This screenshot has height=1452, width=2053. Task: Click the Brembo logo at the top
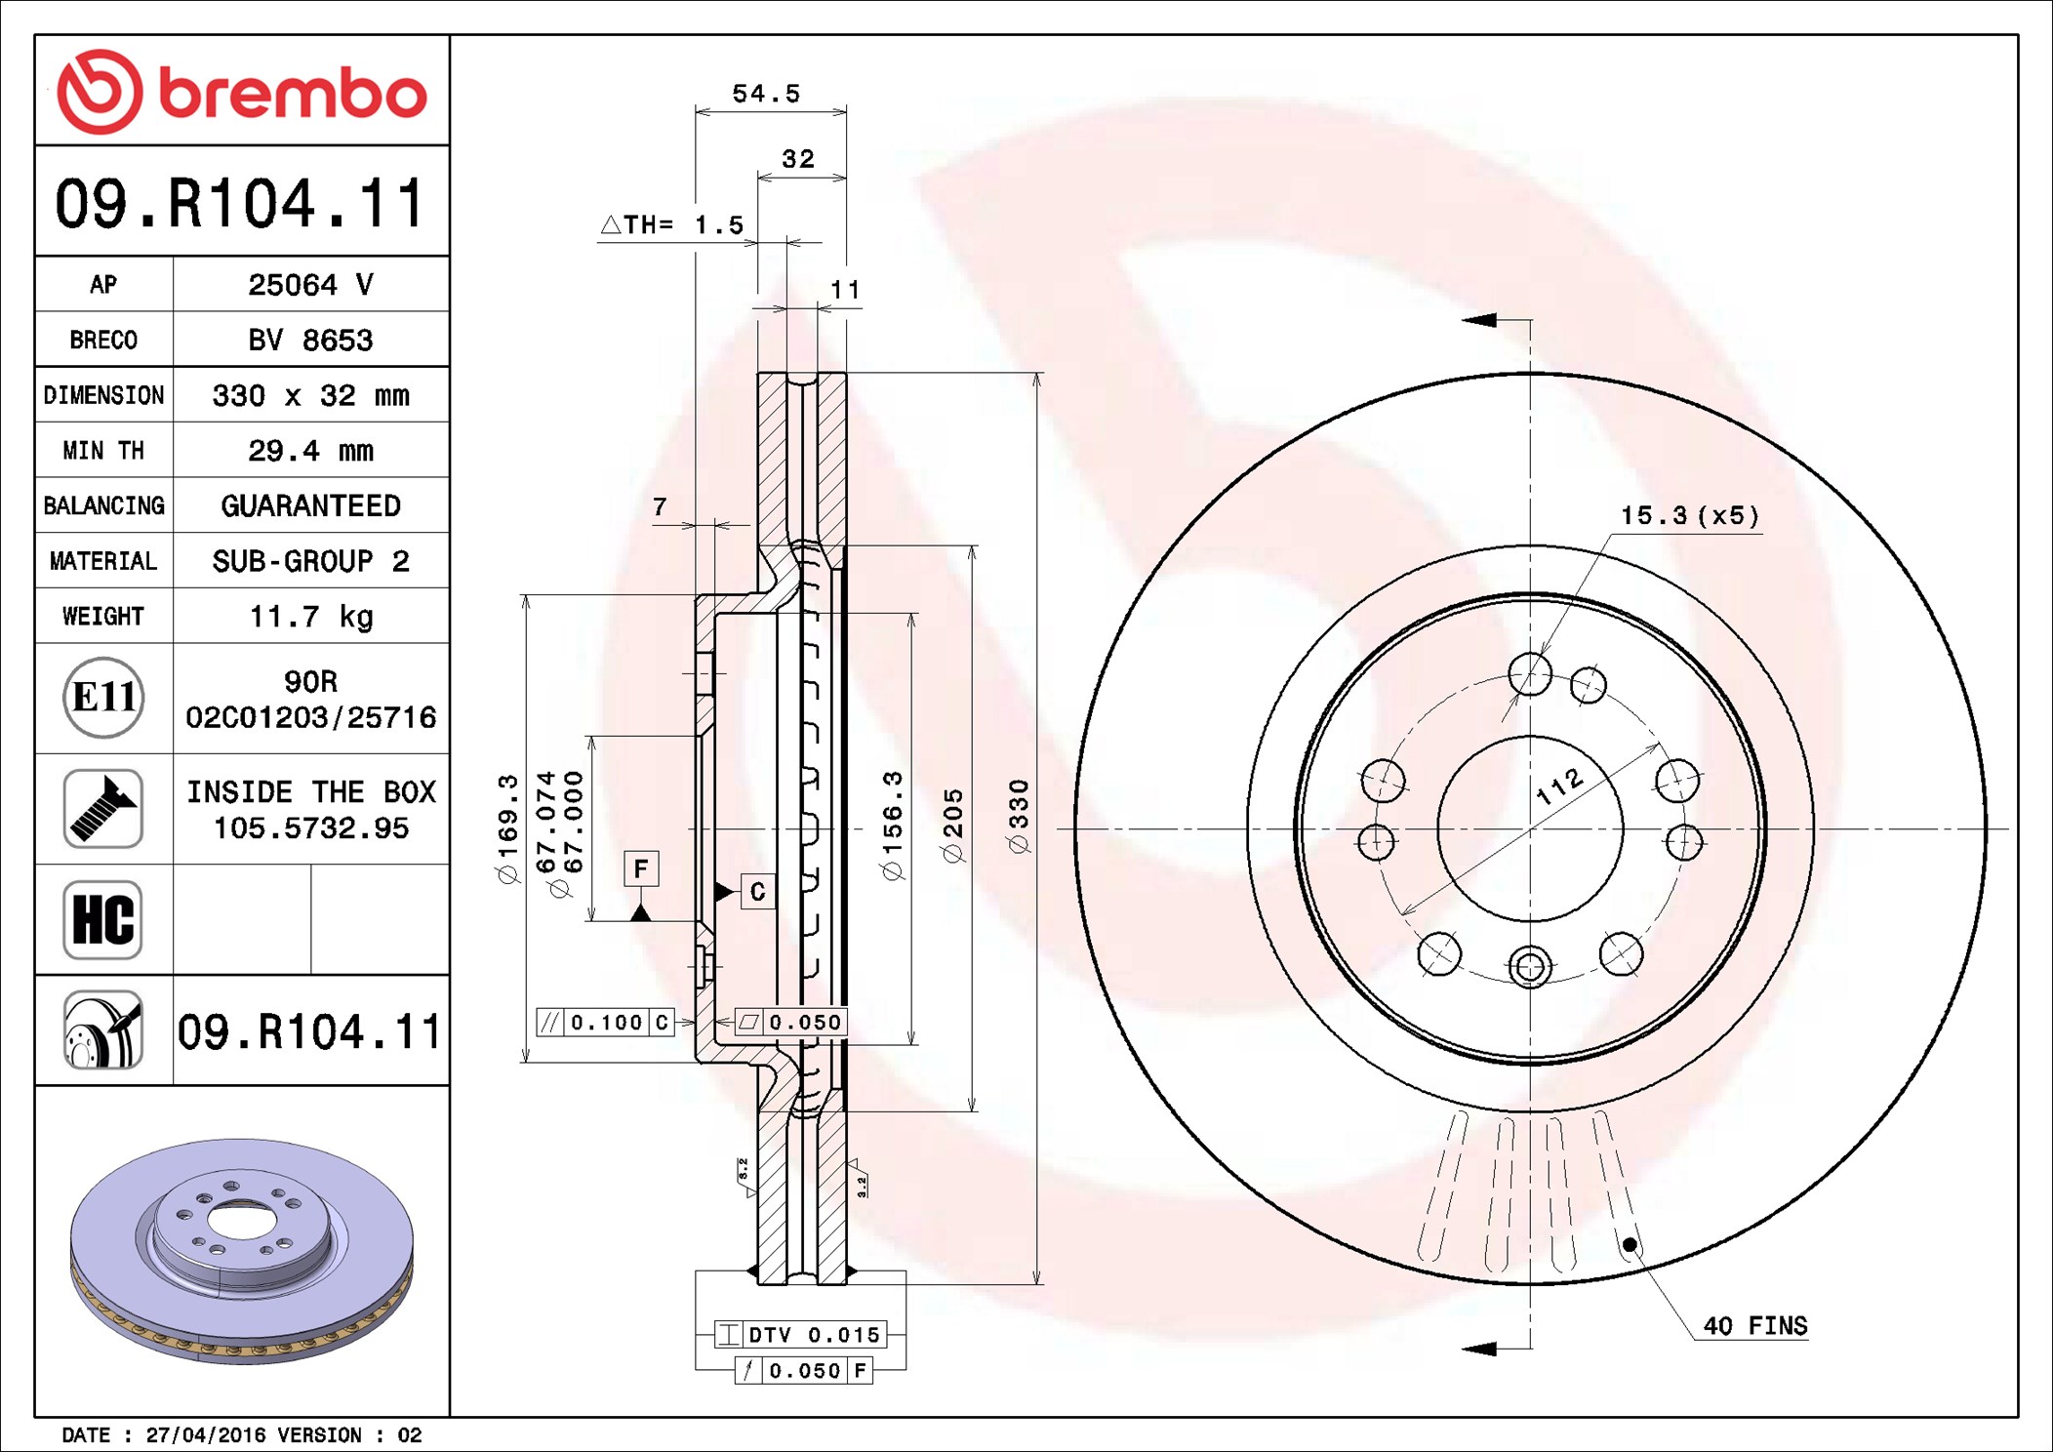tap(242, 92)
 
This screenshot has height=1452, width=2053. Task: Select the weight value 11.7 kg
tap(311, 617)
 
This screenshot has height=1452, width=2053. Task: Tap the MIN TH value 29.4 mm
tap(311, 451)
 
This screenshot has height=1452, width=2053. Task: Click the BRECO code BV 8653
tap(310, 340)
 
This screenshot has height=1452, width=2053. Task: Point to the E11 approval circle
tap(103, 698)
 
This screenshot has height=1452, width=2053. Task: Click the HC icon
tap(103, 919)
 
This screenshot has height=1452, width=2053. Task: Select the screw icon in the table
tap(103, 808)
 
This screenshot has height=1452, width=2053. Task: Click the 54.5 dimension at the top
tap(766, 94)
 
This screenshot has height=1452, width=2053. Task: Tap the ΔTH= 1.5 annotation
tap(672, 224)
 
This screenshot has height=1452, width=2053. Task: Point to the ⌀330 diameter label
tap(1019, 817)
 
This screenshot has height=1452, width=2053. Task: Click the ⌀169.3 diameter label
tap(508, 828)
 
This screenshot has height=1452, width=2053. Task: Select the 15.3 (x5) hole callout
tap(1690, 515)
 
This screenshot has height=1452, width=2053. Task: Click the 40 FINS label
tap(1755, 1325)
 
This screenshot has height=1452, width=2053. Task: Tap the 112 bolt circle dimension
tap(1559, 786)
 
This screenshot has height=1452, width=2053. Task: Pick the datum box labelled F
tap(641, 868)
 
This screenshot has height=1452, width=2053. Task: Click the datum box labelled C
tap(758, 892)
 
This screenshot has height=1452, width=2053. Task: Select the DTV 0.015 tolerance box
tap(799, 1334)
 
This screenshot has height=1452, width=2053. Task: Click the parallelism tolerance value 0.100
tap(606, 1022)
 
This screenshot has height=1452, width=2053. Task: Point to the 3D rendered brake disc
tap(242, 1250)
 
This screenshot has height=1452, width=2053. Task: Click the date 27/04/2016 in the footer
tap(205, 1434)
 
